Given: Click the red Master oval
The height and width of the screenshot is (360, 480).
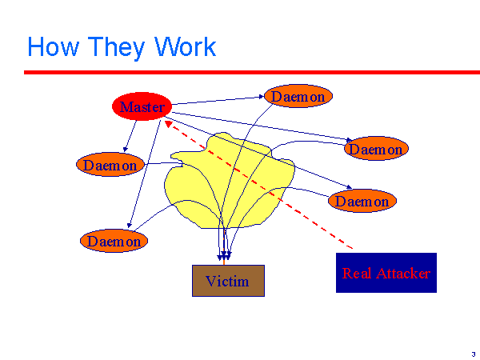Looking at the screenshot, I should pos(142,107).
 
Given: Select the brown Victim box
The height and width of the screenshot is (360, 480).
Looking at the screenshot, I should pos(227,281).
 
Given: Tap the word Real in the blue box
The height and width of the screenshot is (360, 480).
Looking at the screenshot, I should pos(356,274).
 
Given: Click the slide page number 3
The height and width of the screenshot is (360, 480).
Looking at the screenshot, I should pos(473,353).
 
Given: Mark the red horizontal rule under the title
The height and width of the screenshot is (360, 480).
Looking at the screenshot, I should pos(240,72).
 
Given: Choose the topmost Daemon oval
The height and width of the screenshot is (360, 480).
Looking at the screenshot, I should pos(298,97).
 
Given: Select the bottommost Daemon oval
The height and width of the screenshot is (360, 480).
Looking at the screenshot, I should pos(114,241).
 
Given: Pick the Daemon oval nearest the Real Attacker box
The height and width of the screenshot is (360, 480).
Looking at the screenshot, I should pos(362,202).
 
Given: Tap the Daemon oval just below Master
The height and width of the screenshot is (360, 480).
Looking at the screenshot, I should pos(111,166).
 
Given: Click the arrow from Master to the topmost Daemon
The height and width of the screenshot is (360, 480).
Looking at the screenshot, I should pos(216,101).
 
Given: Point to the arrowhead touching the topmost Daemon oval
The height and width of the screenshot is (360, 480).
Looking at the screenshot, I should pos(262,98).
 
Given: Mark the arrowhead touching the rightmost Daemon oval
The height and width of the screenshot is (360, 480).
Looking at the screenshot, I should pos(348,141).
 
